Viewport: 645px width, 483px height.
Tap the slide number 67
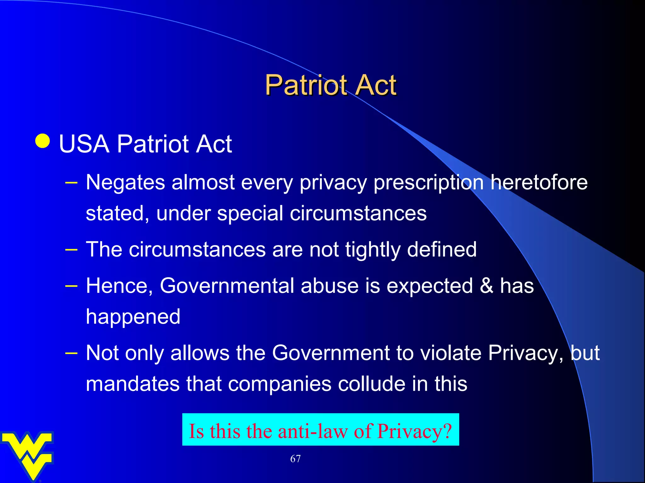point(295,459)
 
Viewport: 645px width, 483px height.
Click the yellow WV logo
point(28,454)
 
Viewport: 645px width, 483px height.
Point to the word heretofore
point(539,183)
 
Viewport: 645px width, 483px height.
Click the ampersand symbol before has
point(486,286)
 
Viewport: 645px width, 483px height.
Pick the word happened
point(133,317)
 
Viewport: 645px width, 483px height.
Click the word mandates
point(133,384)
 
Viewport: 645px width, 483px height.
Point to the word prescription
point(428,183)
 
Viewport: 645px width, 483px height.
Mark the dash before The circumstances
point(71,249)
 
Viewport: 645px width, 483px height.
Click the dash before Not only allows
point(71,353)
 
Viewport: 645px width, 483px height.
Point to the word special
point(250,214)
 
